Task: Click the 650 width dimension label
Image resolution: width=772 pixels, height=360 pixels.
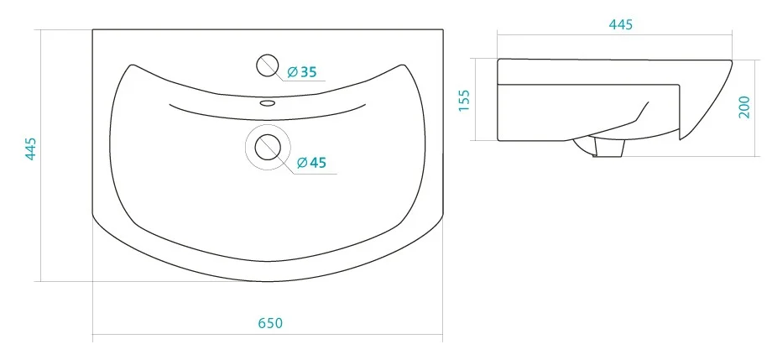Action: (270, 323)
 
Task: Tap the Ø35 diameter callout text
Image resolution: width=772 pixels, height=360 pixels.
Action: (302, 72)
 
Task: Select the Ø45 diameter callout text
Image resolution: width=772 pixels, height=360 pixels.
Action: (312, 162)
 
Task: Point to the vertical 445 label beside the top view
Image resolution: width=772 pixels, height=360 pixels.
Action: (30, 149)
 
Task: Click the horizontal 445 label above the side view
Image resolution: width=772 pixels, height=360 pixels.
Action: (620, 24)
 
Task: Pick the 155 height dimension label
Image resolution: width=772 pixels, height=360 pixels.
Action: (464, 101)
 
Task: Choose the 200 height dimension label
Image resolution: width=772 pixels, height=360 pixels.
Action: (744, 107)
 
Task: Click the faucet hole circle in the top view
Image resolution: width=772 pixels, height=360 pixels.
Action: (268, 65)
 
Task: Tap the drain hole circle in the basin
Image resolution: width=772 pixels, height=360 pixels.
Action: (268, 147)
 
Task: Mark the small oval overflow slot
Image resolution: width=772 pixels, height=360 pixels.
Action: (268, 103)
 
